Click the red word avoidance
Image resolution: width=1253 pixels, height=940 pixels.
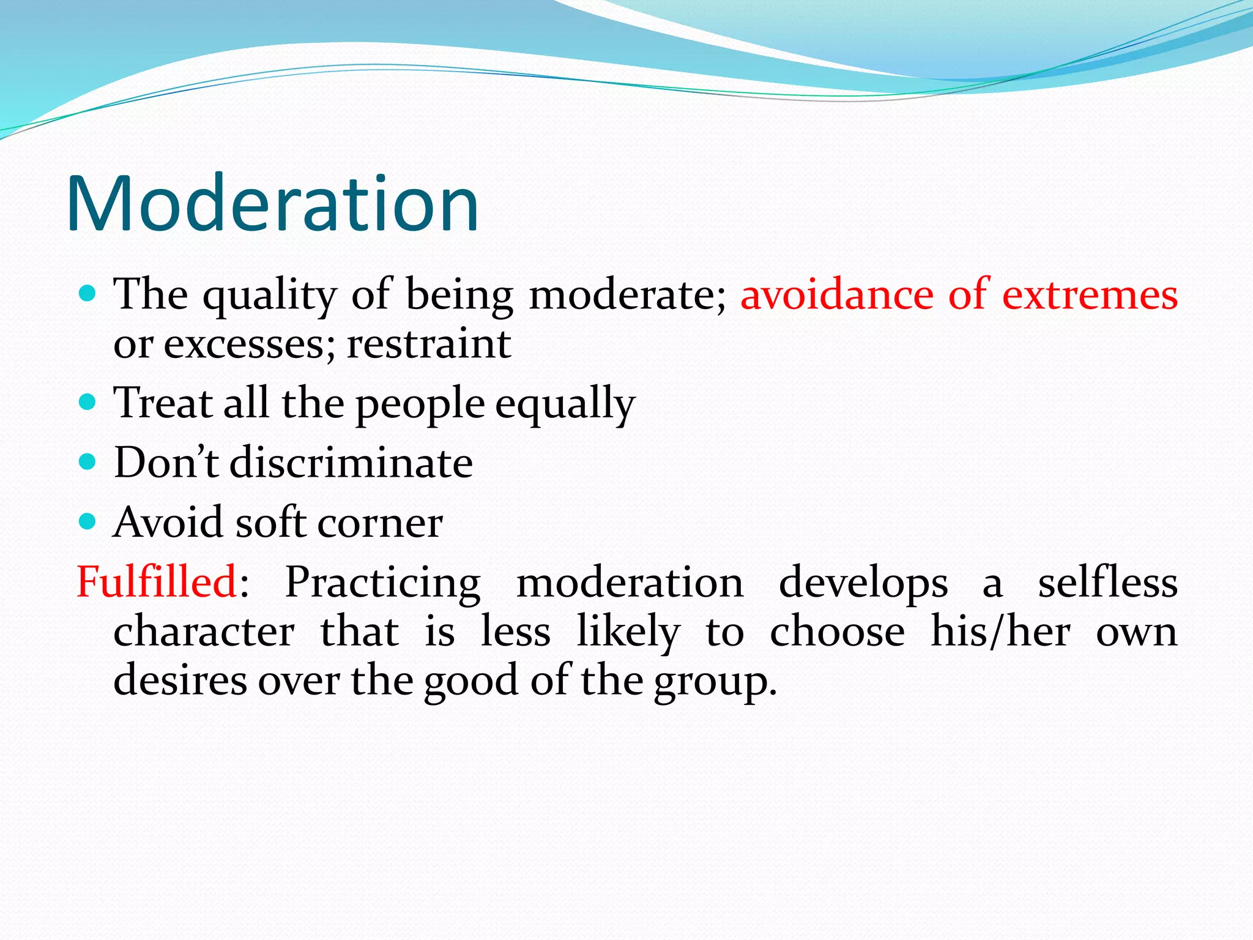click(x=836, y=294)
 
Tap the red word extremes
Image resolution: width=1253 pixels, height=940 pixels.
click(x=1090, y=294)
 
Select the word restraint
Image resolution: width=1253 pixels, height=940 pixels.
click(x=428, y=344)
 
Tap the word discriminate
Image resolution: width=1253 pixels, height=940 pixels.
click(x=351, y=463)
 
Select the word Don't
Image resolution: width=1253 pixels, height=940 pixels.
click(x=166, y=463)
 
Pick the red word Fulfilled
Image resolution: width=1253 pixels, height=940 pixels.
click(x=157, y=581)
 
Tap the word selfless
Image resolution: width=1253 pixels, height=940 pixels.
click(x=1107, y=582)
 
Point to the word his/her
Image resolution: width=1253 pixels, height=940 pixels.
click(x=1000, y=632)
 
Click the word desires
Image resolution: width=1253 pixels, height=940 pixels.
click(x=180, y=680)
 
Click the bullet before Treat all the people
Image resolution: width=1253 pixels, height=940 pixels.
click(x=88, y=402)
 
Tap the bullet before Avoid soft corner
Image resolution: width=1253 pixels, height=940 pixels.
click(x=88, y=521)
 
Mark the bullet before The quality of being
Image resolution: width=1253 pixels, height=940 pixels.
click(x=88, y=293)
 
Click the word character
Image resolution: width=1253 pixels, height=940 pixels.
click(x=204, y=632)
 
